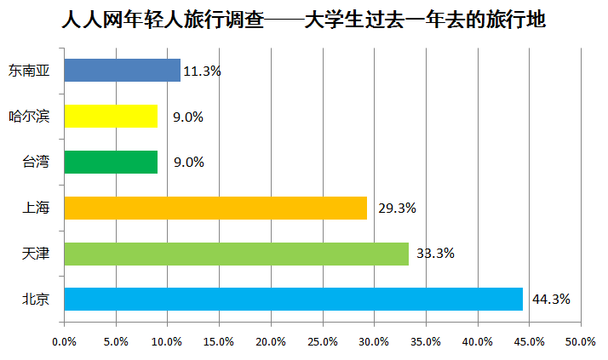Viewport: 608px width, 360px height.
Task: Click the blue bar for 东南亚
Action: click(x=122, y=71)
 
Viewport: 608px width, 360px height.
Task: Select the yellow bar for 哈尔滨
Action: click(x=111, y=117)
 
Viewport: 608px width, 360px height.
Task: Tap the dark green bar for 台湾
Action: click(x=111, y=162)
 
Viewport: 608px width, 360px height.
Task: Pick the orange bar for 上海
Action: click(x=215, y=208)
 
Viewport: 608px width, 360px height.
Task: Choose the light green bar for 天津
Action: click(x=236, y=254)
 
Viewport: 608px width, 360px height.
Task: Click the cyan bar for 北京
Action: click(x=293, y=300)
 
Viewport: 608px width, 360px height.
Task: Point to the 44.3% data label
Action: click(x=551, y=300)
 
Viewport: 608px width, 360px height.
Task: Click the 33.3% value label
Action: click(x=435, y=254)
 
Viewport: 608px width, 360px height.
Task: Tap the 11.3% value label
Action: click(x=202, y=71)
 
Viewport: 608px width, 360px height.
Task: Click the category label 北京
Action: click(x=36, y=300)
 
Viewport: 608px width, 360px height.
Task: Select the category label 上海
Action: click(x=36, y=208)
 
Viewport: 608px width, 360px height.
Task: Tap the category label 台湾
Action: click(x=36, y=162)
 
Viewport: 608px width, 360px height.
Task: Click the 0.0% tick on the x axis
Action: click(x=64, y=342)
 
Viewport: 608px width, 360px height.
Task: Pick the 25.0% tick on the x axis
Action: click(x=323, y=342)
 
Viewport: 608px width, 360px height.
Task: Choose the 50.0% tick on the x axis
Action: click(x=582, y=342)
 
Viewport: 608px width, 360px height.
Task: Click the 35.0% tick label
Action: click(x=427, y=342)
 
